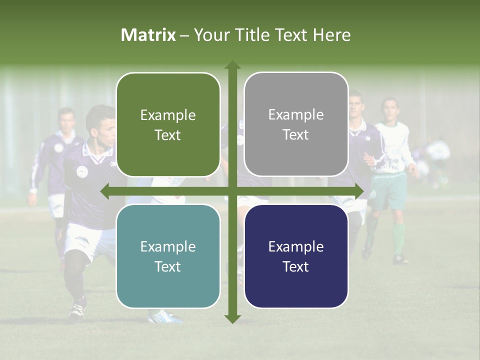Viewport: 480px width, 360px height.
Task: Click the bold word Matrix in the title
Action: tap(148, 35)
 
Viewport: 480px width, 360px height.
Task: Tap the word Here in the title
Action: tap(332, 35)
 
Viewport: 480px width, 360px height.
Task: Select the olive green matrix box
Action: tap(168, 124)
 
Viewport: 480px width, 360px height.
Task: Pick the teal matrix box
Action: tap(168, 256)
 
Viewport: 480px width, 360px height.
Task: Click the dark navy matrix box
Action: tap(296, 256)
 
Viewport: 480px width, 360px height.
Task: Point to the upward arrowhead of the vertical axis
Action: tap(232, 64)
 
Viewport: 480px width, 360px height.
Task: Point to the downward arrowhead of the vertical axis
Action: tap(232, 318)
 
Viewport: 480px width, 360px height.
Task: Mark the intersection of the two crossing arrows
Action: tap(232, 191)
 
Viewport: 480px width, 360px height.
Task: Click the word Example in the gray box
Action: tap(296, 115)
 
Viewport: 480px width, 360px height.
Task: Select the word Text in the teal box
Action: tap(168, 266)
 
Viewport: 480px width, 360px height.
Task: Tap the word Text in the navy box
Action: tap(296, 266)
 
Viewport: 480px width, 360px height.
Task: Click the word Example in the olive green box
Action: tap(168, 115)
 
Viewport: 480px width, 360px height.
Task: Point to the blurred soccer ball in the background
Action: tap(438, 150)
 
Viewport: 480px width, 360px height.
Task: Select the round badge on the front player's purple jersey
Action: tap(82, 171)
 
